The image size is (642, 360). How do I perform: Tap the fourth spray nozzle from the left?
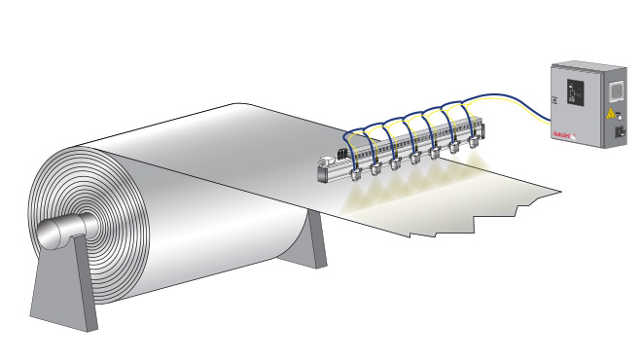(x=415, y=157)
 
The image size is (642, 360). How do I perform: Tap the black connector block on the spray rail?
(x=341, y=154)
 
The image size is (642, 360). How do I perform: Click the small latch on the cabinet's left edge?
(x=552, y=99)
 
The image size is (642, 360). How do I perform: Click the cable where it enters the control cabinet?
(x=548, y=108)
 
